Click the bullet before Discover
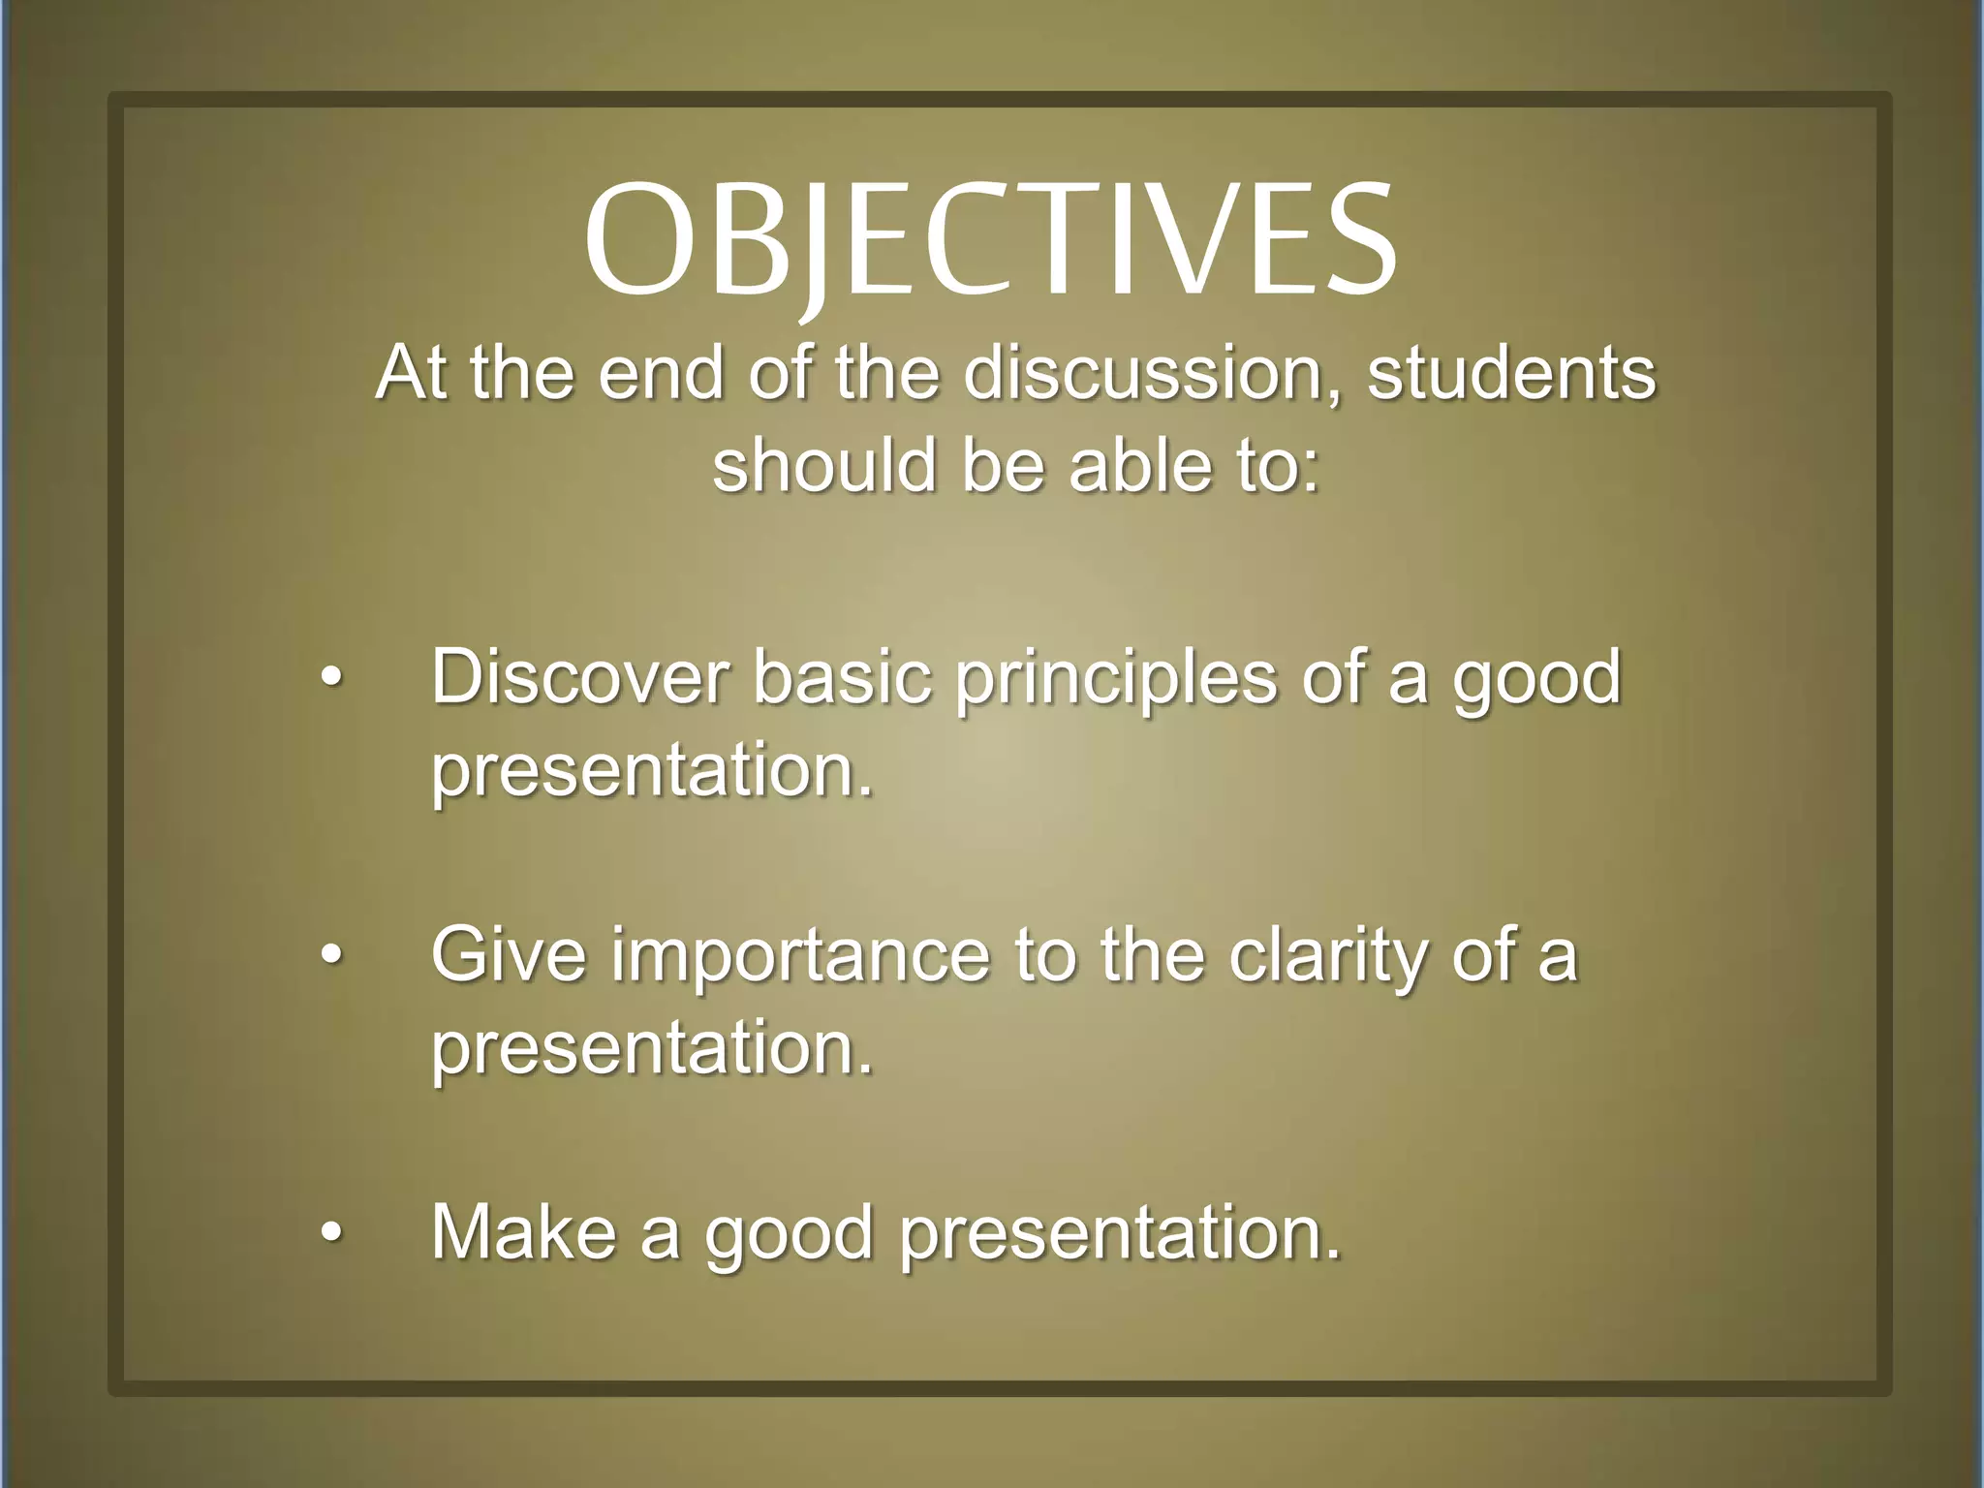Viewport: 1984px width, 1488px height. (331, 679)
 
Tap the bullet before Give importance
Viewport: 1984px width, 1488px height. (331, 956)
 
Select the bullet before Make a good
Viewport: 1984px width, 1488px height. (331, 1233)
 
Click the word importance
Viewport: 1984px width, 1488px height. (800, 957)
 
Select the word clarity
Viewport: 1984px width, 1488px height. (1325, 957)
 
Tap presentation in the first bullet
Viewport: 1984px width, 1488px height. (651, 772)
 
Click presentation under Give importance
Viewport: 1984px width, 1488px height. (651, 1049)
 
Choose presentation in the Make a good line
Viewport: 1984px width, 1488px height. (1119, 1234)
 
